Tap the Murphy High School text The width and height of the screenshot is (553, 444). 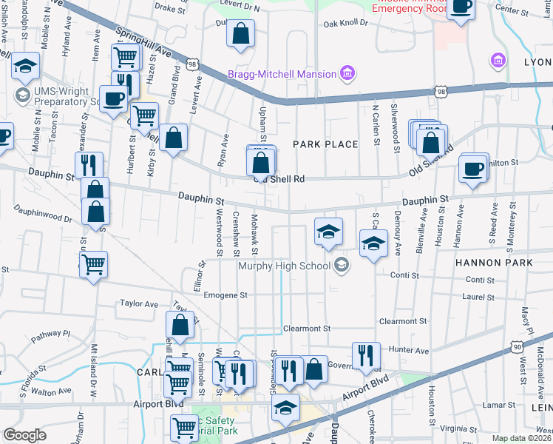(285, 265)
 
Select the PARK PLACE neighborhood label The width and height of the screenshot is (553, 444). (325, 144)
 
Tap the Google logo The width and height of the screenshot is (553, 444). (24, 435)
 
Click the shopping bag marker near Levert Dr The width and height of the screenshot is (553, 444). (240, 33)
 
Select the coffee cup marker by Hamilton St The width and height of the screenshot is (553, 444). (473, 167)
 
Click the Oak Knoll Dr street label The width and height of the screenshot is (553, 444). (345, 23)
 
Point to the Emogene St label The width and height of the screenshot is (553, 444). (227, 295)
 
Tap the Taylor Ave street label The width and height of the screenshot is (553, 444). (140, 304)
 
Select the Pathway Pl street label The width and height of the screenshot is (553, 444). (51, 334)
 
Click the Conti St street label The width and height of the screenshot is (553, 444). (404, 276)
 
